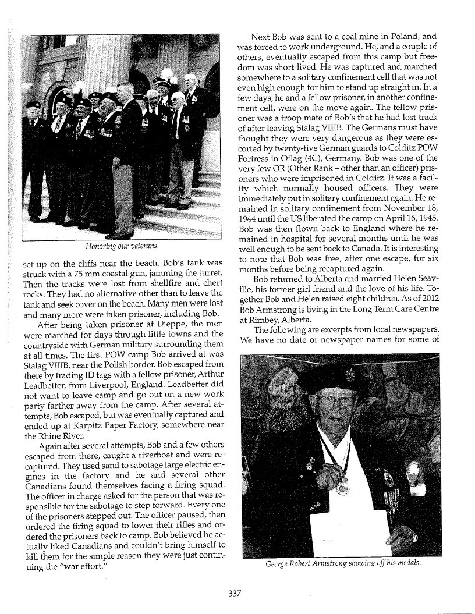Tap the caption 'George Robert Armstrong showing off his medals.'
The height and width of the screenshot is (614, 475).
[350, 563]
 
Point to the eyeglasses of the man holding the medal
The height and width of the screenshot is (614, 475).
[336, 401]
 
